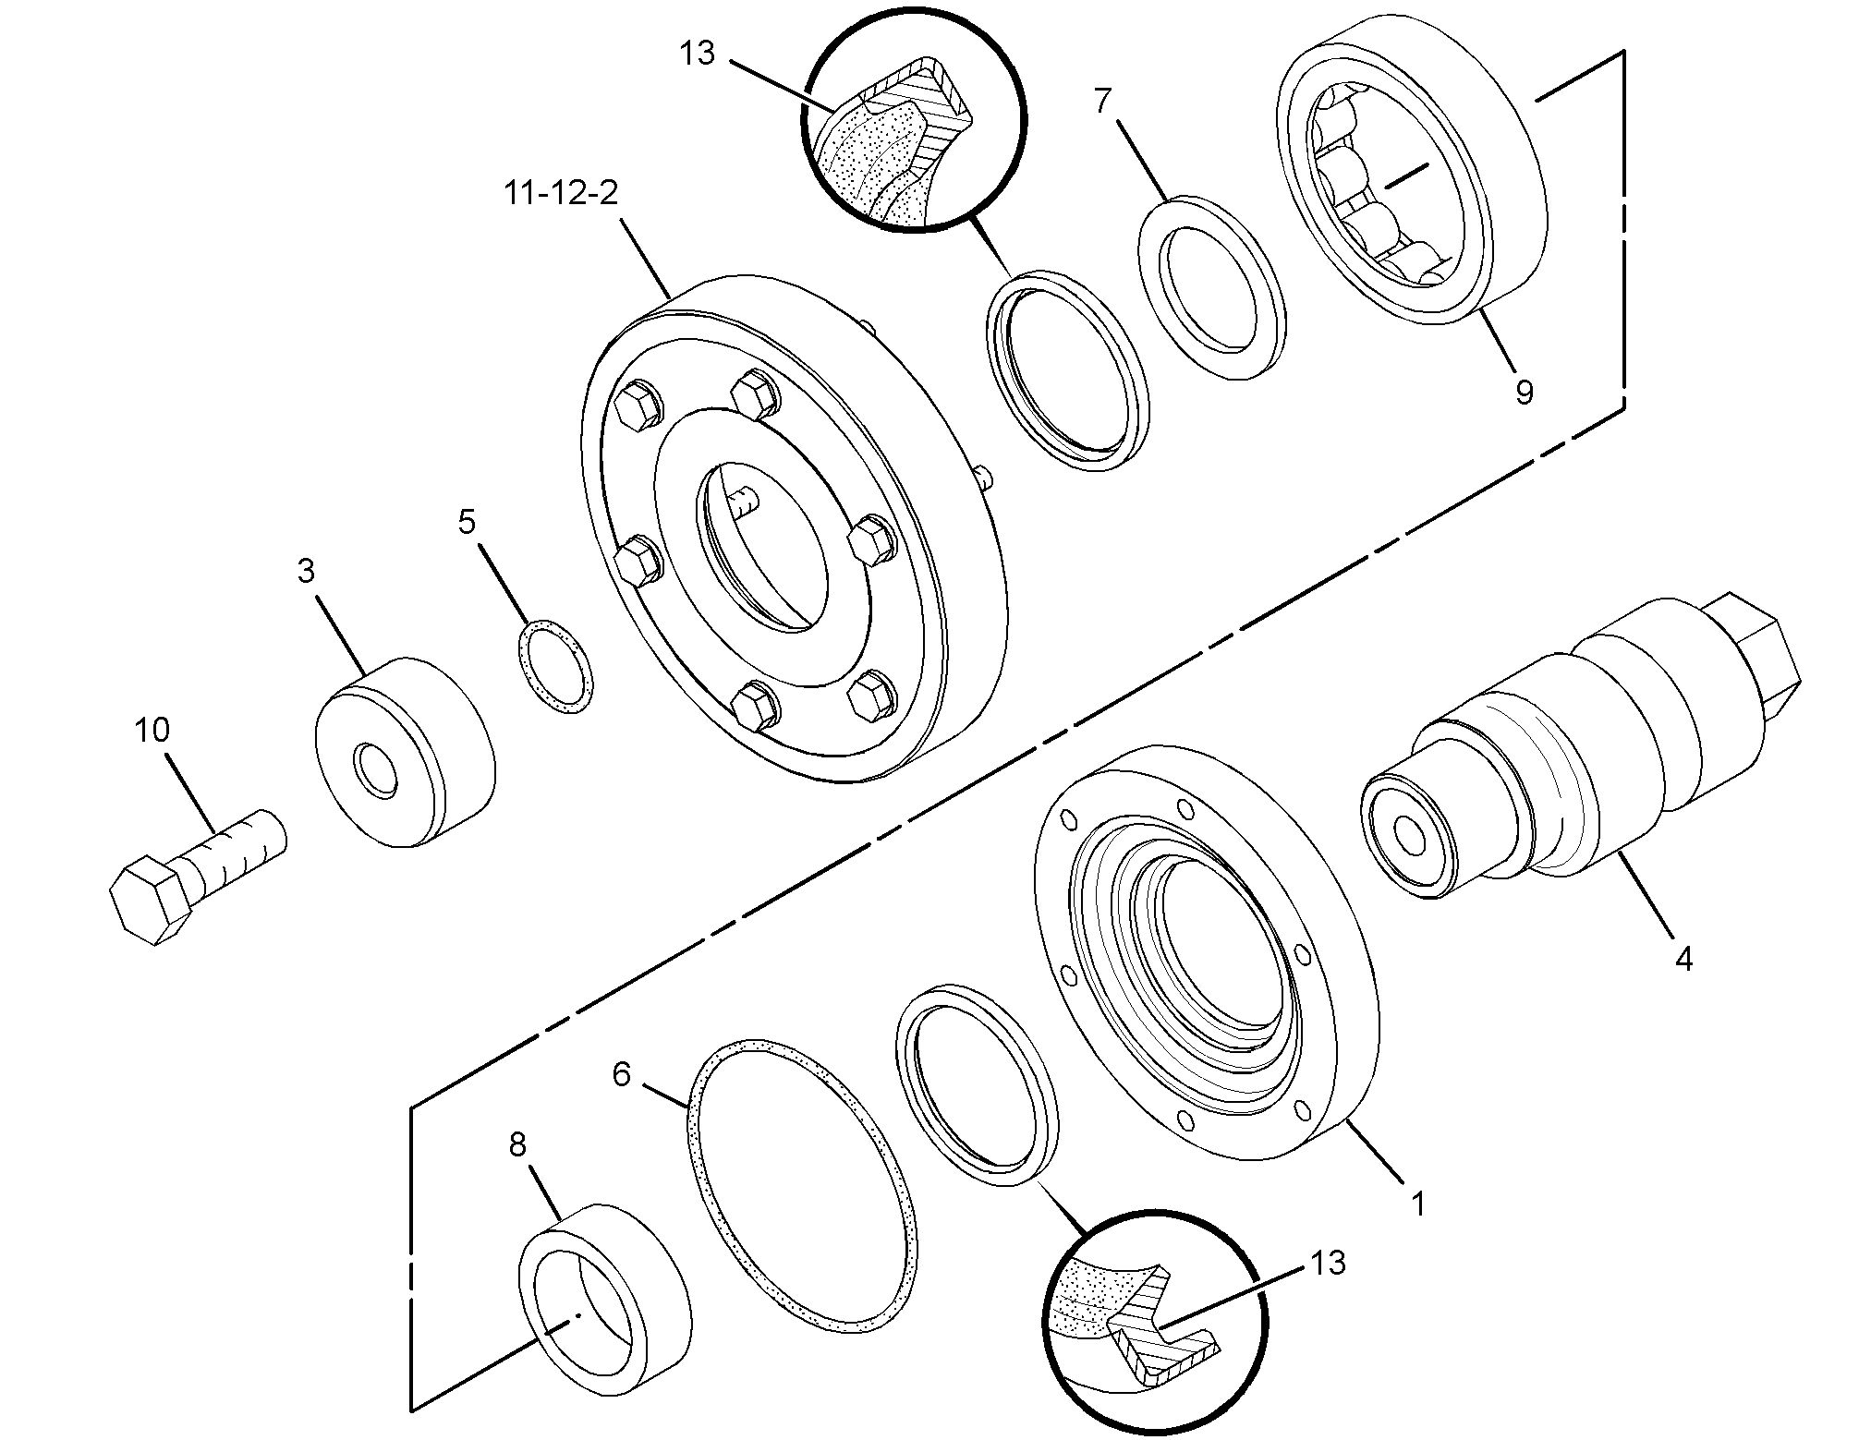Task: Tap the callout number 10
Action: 152,731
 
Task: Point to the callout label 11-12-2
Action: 561,194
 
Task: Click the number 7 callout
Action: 1101,101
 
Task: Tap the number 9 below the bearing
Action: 1524,392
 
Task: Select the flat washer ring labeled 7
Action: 1211,287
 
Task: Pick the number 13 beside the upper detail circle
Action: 698,54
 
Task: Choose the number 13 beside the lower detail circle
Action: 1328,1263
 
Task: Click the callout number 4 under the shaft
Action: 1683,960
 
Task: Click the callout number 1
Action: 1417,1204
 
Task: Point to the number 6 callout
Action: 621,1074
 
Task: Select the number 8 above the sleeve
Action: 517,1145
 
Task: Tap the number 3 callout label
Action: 306,571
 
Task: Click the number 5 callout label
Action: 467,522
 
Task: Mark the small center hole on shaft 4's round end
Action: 1410,836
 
